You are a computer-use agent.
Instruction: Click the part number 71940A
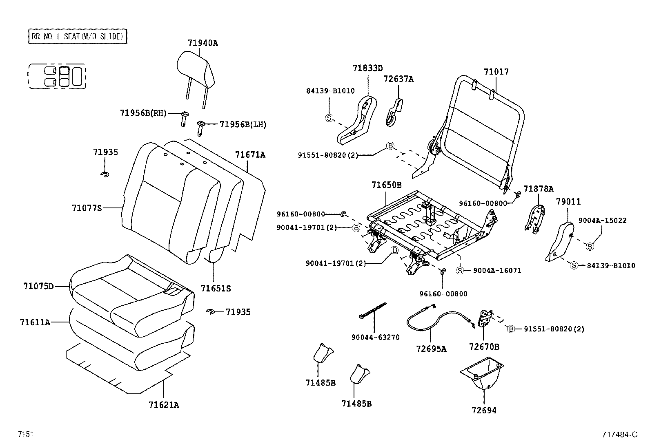pos(203,43)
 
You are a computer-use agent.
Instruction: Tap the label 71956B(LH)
pos(243,125)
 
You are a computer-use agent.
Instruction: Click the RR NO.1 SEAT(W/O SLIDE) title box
pos(78,36)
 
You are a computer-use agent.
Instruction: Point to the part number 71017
pos(496,72)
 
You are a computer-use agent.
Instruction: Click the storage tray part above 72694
pos(483,373)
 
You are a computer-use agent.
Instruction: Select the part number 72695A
pos(431,349)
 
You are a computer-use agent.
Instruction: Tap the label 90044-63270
pos(375,338)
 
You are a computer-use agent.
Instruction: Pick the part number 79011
pos(568,202)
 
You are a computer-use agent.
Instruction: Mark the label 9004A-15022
pos(602,221)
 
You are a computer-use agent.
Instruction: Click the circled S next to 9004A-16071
pos(460,270)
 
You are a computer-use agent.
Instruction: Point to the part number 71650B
pos(386,185)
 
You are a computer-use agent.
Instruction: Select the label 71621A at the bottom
pos(164,405)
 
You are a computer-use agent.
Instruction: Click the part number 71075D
pos(38,286)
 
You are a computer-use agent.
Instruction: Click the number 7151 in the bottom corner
pos(25,435)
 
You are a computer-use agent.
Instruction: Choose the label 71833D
pos(367,68)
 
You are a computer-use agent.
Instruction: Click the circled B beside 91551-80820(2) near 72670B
pos(511,329)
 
